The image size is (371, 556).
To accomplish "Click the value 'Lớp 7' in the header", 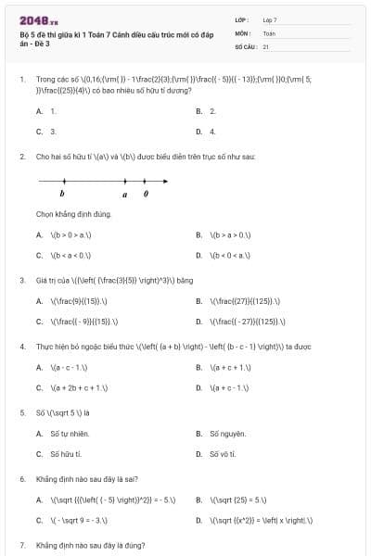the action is coord(270,19).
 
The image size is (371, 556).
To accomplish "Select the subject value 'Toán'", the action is coord(269,32).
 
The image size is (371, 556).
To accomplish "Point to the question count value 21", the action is coord(266,45).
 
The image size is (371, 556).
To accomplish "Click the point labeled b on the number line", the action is coord(63,182).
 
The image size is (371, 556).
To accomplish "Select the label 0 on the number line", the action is coord(145,195).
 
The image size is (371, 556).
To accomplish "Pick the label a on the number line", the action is coord(125,195).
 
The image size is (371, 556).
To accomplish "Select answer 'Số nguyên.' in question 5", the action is coord(227,433).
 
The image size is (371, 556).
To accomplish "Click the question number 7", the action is coord(22,545).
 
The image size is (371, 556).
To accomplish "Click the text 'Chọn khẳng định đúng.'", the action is coord(74,214).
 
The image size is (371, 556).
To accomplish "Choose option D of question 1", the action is coord(199,131).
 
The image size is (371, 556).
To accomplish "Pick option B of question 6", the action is coord(199,499).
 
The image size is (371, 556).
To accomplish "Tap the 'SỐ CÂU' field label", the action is coord(245,45).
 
